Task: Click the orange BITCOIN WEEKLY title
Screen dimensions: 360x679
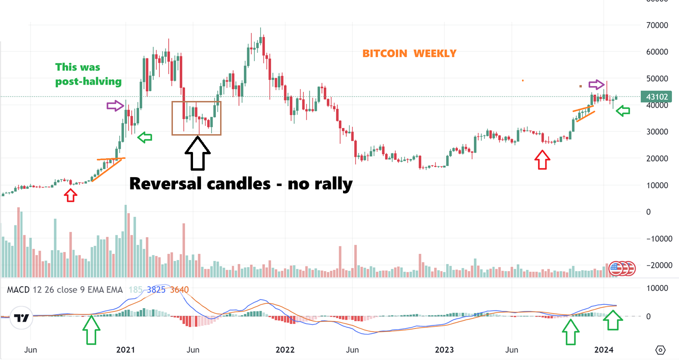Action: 409,54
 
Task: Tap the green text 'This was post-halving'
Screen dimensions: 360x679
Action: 88,74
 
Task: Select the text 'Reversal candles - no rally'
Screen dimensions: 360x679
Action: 241,183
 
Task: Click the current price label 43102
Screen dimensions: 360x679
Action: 658,97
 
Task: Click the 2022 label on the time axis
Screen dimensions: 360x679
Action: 285,350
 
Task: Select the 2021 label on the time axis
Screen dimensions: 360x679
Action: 125,350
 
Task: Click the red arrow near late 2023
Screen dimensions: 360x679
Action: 542,160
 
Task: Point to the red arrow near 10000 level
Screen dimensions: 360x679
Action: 70,195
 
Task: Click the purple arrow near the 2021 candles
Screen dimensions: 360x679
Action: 115,106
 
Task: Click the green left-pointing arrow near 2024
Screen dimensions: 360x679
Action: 623,111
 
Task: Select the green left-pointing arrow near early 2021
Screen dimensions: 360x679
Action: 146,137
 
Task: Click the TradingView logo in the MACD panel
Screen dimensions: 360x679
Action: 21,318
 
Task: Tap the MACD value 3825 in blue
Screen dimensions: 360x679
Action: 156,290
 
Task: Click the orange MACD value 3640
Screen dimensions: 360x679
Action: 179,290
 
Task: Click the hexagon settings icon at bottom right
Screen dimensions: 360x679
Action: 660,350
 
